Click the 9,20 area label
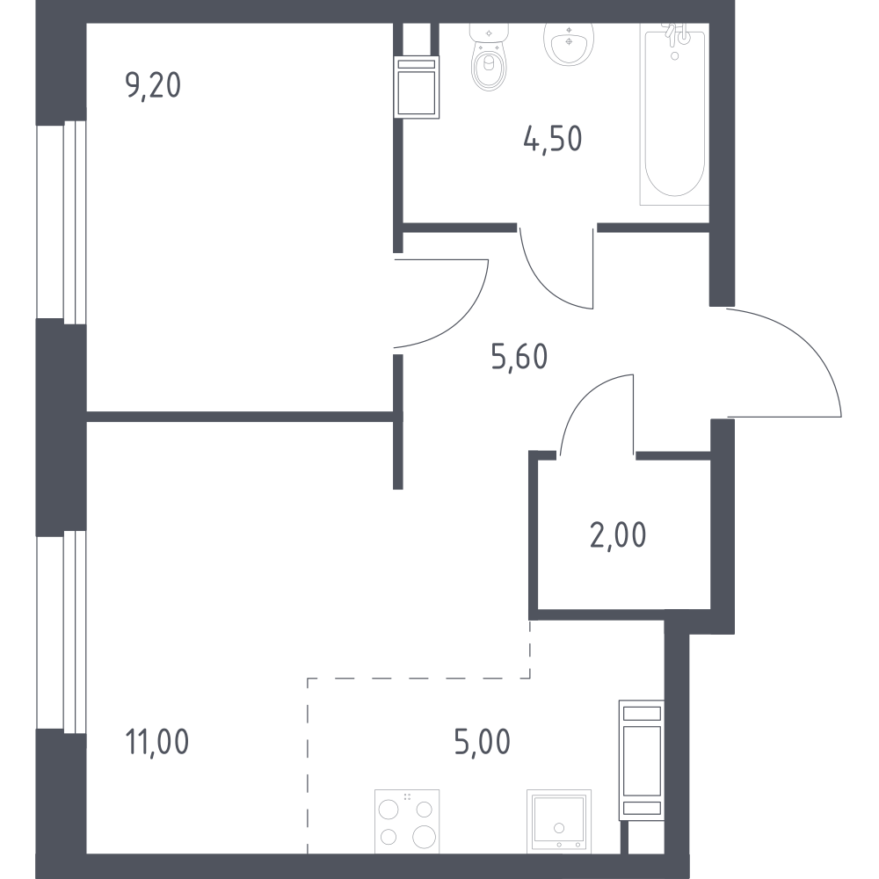(x=153, y=86)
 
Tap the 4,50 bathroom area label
(x=553, y=139)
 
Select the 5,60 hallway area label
(x=519, y=357)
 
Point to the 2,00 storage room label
(x=618, y=534)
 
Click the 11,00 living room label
(x=157, y=741)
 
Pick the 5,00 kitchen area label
(x=483, y=741)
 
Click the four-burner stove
(x=406, y=821)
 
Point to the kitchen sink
(x=559, y=821)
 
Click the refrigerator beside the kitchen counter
(x=642, y=760)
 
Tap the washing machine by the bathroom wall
(x=417, y=87)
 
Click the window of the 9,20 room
(x=62, y=222)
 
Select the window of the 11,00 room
(x=62, y=632)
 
